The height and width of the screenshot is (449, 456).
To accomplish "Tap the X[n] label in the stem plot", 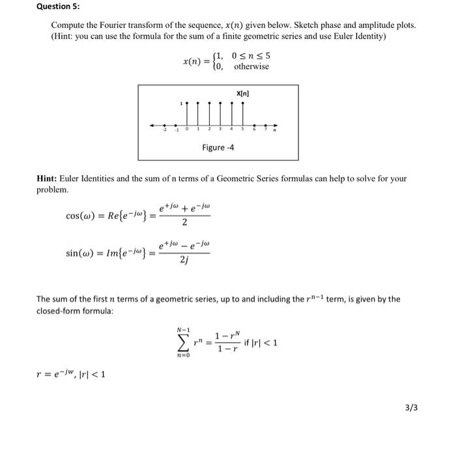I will [243, 93].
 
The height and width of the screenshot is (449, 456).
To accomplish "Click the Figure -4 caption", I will [218, 148].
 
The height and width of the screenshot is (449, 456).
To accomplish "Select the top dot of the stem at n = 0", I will [188, 104].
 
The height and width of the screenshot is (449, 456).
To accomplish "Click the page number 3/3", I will [412, 409].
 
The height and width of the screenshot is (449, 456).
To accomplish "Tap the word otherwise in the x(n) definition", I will [251, 67].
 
